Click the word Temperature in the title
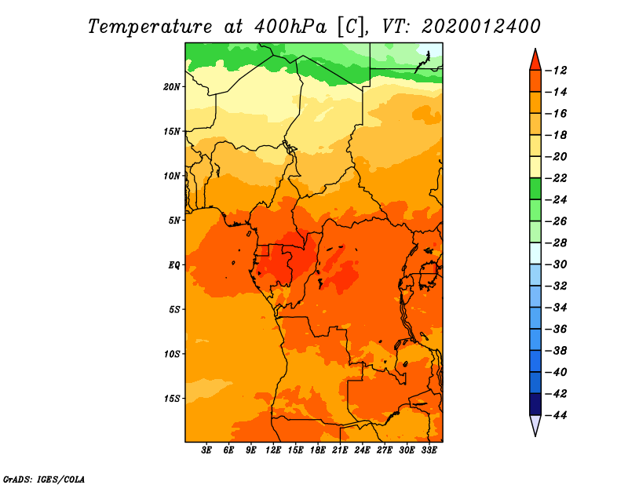pyautogui.click(x=150, y=27)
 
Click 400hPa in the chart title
pyautogui.click(x=290, y=26)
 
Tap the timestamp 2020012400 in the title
pyautogui.click(x=481, y=27)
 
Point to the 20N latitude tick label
pyautogui.click(x=172, y=87)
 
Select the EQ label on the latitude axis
pyautogui.click(x=174, y=265)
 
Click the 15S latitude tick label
pyautogui.click(x=172, y=399)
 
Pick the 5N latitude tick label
pyautogui.click(x=174, y=221)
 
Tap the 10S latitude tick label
pyautogui.click(x=172, y=354)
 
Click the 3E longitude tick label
pyautogui.click(x=206, y=450)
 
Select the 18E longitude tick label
pyautogui.click(x=318, y=450)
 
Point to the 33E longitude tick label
pyautogui.click(x=429, y=450)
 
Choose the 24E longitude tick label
pyautogui.click(x=362, y=450)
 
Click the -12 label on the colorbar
pyautogui.click(x=556, y=71)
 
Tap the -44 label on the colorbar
pyautogui.click(x=556, y=415)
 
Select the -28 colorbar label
pyautogui.click(x=556, y=242)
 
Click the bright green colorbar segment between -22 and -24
pyautogui.click(x=535, y=189)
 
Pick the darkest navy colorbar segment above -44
pyautogui.click(x=535, y=404)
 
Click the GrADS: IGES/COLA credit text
pyautogui.click(x=44, y=479)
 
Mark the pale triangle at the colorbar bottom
pyautogui.click(x=535, y=424)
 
